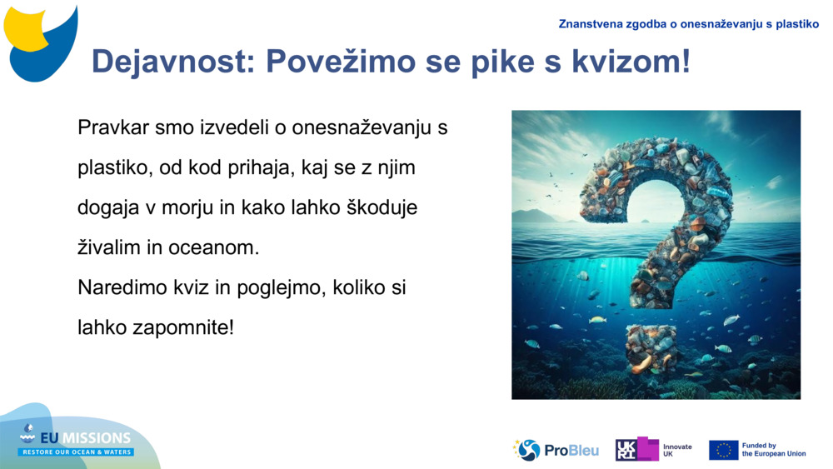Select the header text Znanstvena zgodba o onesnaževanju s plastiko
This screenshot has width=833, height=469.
tap(689, 24)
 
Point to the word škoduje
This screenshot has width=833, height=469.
tap(382, 207)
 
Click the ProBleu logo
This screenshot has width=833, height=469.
tap(556, 450)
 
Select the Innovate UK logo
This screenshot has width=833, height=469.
tap(653, 450)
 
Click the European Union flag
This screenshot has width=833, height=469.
tap(723, 450)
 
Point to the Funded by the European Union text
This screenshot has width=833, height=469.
tap(773, 450)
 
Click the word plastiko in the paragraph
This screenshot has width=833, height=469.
tap(111, 168)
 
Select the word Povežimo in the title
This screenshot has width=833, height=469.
tap(341, 61)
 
